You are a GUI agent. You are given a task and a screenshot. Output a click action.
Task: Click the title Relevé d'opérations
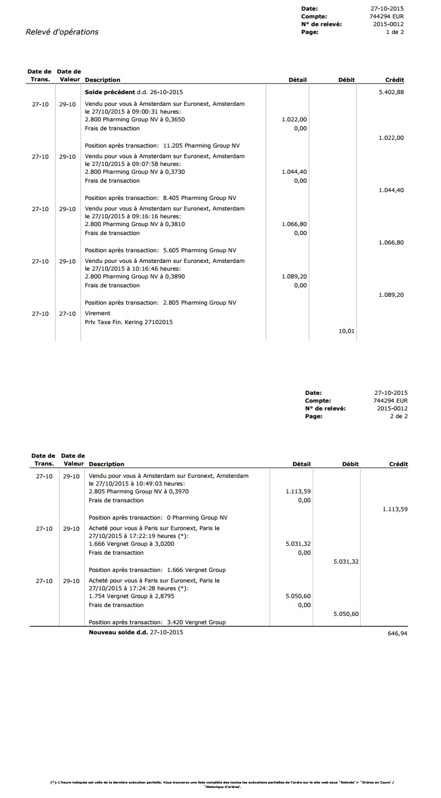coord(62,32)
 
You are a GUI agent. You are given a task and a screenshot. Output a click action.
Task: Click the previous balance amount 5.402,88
coord(391,92)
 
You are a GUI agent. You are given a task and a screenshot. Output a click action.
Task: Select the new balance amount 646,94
coord(397,633)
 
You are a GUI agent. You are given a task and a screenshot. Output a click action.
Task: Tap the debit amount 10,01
coord(346,331)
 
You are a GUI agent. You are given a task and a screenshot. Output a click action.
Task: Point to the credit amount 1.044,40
coord(391,190)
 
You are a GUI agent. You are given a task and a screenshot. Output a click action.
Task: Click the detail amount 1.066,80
coord(295,224)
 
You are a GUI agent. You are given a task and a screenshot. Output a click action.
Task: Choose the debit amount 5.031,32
coord(346,561)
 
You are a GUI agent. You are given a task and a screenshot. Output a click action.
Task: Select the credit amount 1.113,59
coord(395,509)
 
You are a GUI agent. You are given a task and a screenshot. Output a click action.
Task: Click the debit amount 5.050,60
coord(346,614)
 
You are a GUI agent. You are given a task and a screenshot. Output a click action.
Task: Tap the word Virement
coord(97,313)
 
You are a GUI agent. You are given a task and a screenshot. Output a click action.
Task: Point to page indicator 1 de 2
coord(395,32)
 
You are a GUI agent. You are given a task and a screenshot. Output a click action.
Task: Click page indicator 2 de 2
coord(399,416)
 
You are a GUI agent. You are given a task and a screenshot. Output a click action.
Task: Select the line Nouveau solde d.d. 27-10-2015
coord(136,632)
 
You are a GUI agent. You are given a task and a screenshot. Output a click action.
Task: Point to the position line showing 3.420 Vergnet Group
coord(157,622)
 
